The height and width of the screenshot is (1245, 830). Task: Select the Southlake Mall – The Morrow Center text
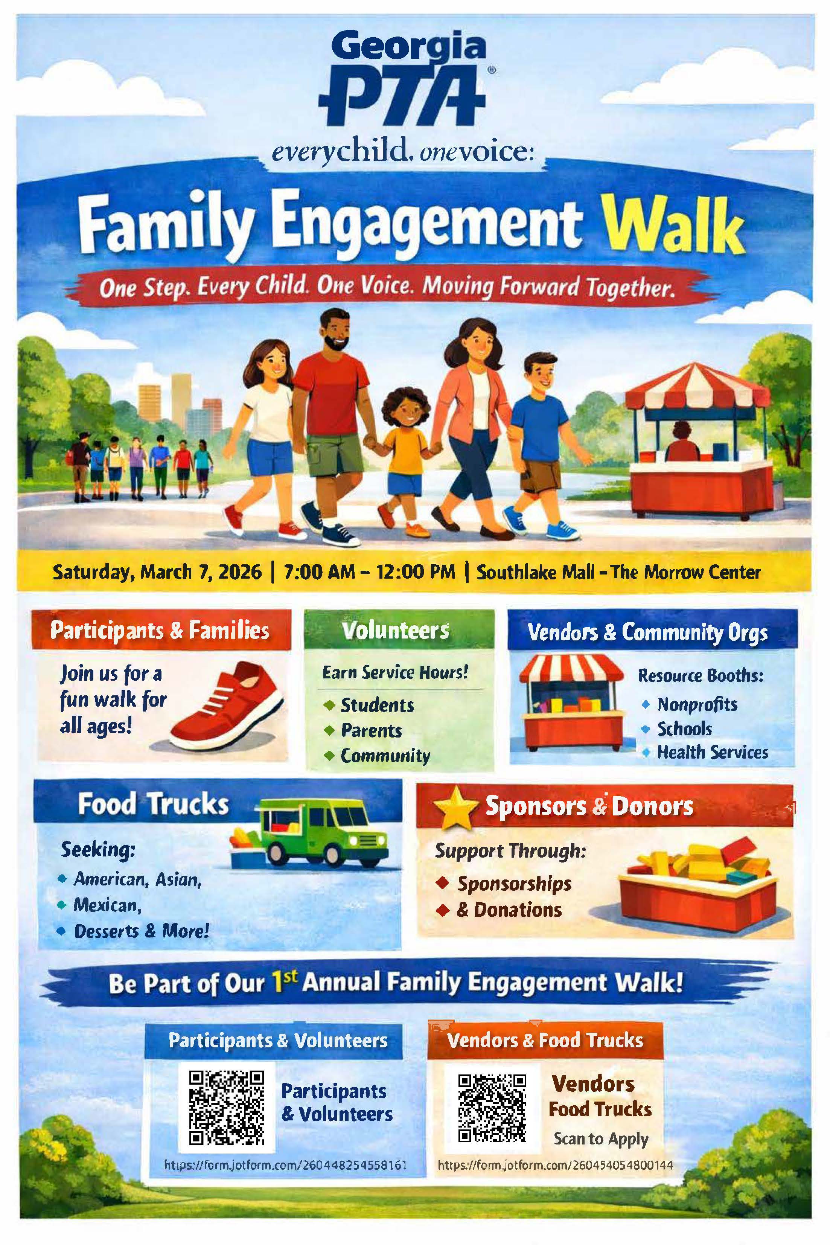[618, 572]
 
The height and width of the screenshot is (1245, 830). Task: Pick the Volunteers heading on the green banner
[395, 630]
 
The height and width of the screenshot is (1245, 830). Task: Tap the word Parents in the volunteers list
[371, 730]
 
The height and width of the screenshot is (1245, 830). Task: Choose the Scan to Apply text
[601, 1138]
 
